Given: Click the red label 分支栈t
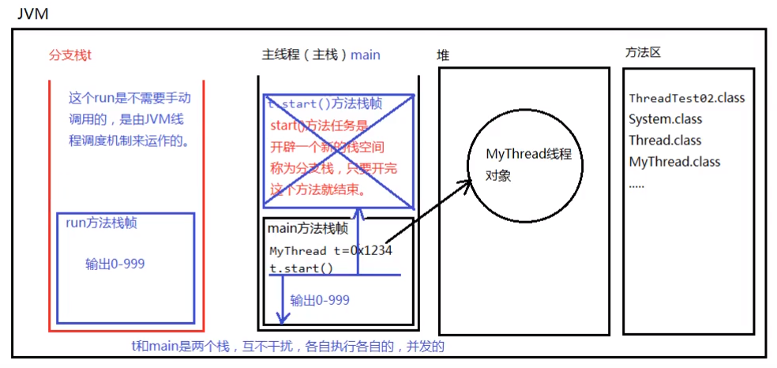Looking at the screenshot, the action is tap(70, 55).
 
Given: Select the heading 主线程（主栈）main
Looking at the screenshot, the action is tap(321, 54).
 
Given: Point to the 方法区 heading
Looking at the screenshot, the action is tap(642, 52).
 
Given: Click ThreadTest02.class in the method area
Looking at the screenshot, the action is tap(686, 99).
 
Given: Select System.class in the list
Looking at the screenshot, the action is tap(665, 119).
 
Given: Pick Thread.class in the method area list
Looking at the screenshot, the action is tap(665, 141).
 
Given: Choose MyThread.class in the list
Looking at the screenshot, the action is tap(674, 162).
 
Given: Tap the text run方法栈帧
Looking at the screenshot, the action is tap(102, 223).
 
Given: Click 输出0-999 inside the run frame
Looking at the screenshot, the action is tap(114, 264).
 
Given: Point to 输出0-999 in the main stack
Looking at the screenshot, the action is tap(320, 300).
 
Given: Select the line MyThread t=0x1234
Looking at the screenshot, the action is tap(331, 251).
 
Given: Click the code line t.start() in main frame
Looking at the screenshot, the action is tap(301, 268).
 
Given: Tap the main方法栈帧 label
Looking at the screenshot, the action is tap(307, 228).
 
